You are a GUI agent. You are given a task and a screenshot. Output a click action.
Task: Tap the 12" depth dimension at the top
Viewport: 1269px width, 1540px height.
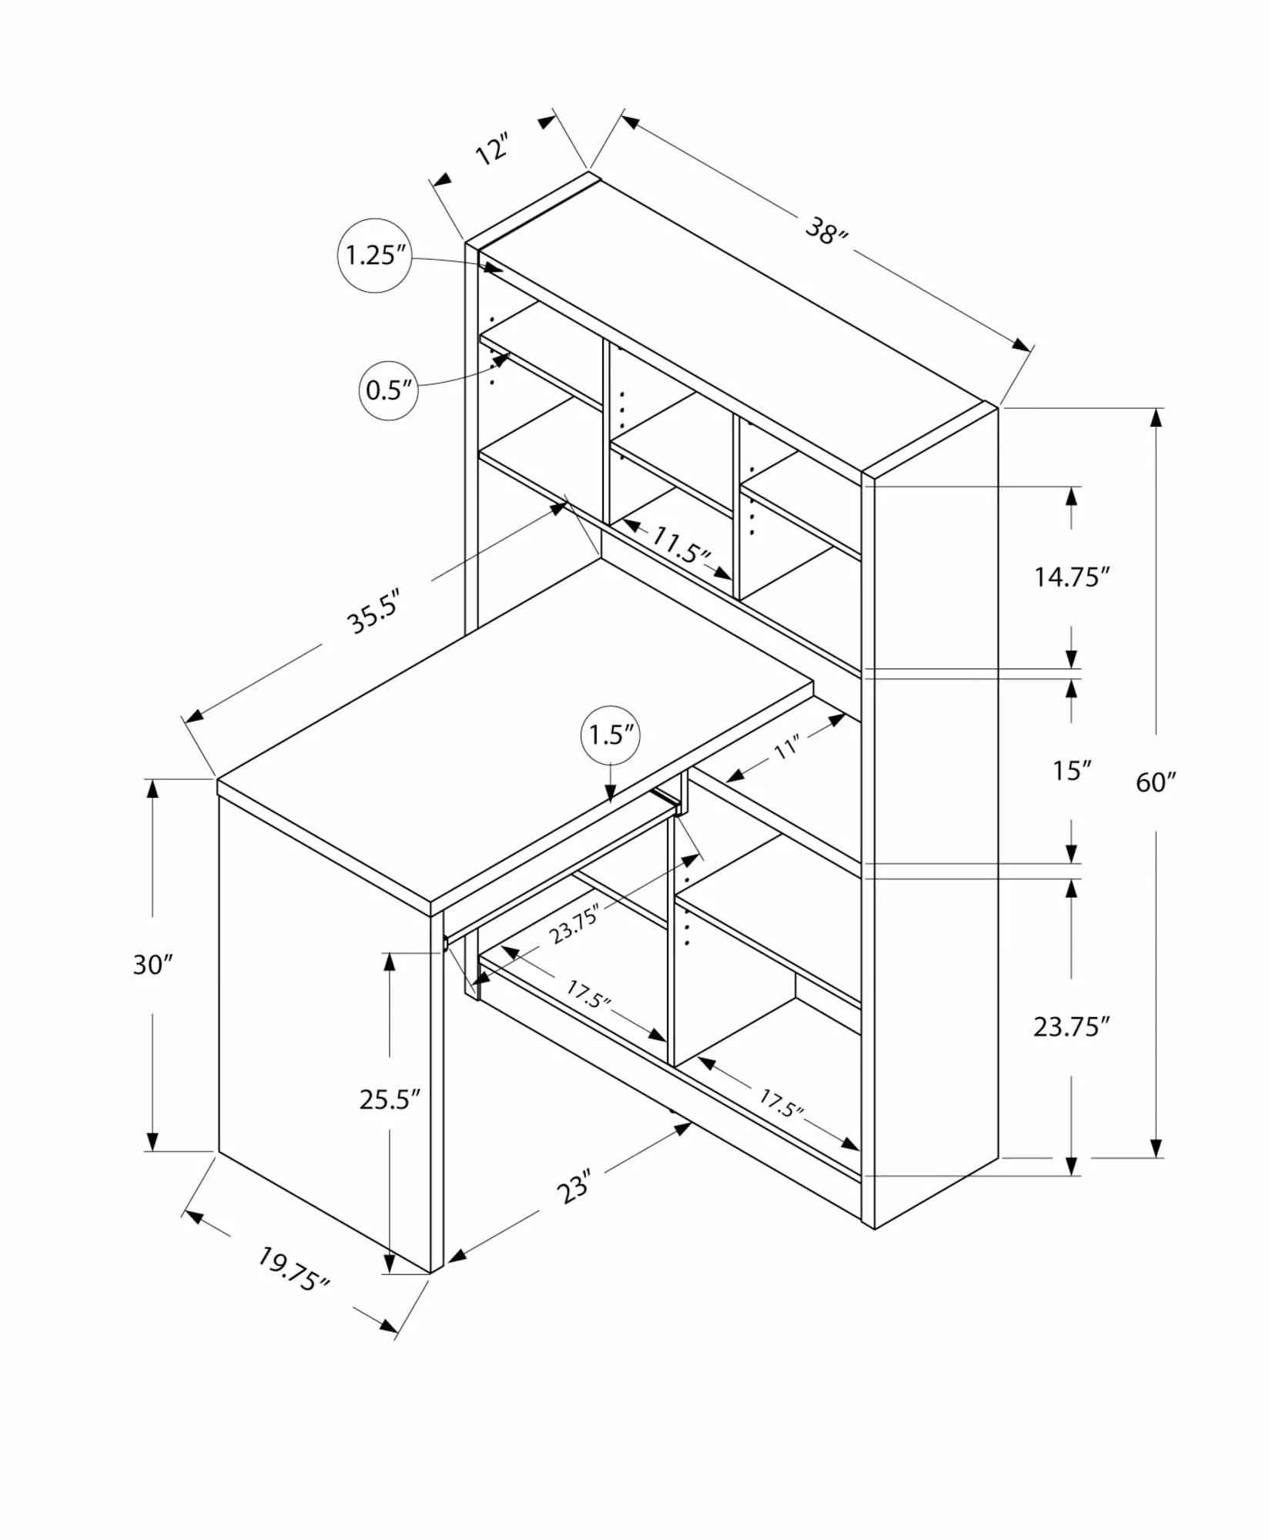(x=492, y=149)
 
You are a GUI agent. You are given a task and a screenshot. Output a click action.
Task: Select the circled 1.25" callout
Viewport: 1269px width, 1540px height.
(x=375, y=256)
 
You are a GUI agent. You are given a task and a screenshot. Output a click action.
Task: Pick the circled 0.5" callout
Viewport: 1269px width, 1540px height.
(x=389, y=390)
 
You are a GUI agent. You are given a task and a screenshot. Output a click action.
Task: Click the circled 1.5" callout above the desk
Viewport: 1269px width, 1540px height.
(x=611, y=735)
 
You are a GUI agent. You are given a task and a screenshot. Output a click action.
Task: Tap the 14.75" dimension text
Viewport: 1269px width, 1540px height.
(x=1072, y=577)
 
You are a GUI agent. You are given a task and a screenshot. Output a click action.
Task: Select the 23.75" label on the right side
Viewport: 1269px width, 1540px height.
(x=1072, y=1026)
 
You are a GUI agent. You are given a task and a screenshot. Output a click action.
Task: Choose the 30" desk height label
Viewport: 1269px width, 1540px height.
(x=152, y=964)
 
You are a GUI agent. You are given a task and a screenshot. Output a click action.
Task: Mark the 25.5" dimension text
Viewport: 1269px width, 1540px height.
(x=390, y=1099)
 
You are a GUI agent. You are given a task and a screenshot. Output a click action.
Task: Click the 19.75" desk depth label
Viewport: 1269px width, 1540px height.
(x=293, y=1269)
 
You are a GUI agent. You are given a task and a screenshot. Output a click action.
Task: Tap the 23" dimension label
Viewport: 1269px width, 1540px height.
(x=574, y=1186)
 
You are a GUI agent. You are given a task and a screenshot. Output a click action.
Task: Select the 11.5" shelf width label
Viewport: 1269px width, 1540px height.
(x=680, y=545)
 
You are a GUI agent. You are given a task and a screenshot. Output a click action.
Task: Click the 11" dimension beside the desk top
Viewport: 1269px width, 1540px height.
(x=787, y=746)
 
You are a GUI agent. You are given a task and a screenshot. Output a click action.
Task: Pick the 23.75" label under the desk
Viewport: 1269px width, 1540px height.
(x=574, y=925)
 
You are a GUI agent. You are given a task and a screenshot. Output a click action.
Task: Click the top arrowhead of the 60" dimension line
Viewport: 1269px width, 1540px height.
(x=1156, y=417)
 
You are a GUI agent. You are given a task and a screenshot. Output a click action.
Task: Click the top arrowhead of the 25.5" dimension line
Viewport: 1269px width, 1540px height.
(x=390, y=962)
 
